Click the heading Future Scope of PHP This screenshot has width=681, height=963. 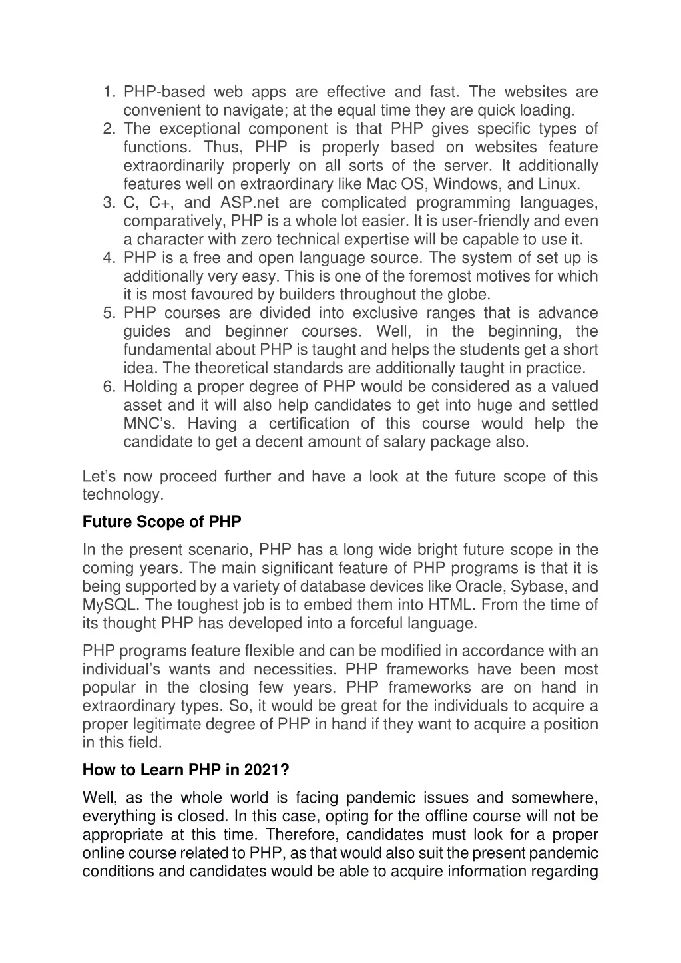[x=162, y=522]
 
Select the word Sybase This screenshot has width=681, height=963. [x=540, y=587]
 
